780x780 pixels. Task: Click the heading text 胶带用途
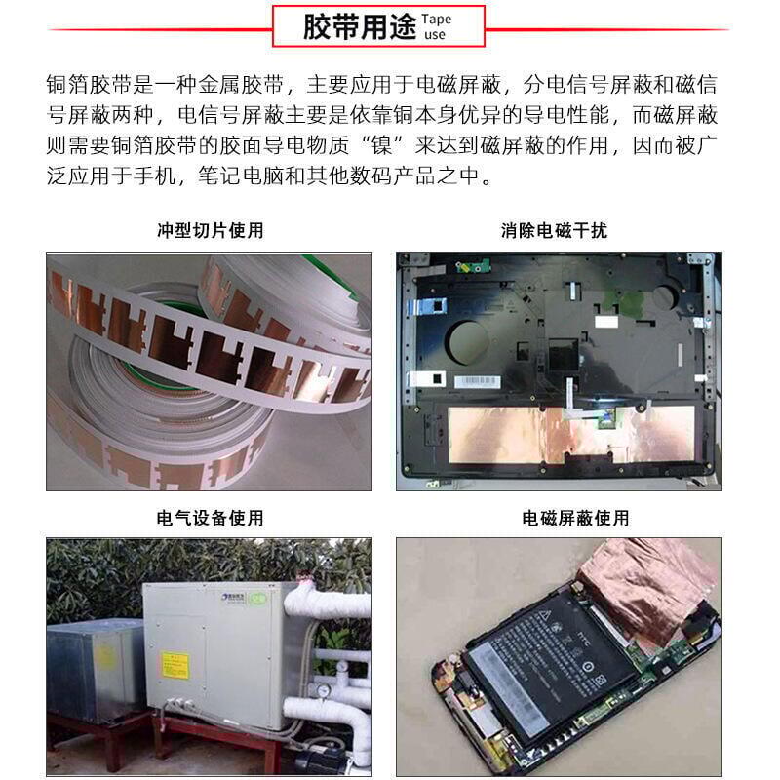[346, 26]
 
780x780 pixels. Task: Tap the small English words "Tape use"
[438, 26]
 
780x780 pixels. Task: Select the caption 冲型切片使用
[210, 231]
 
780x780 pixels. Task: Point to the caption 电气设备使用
[210, 518]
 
